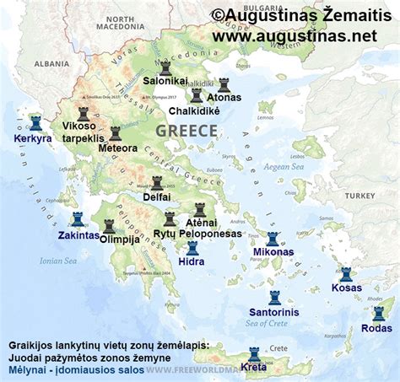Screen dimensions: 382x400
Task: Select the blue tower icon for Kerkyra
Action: coord(35,123)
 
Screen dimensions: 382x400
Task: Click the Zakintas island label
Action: coord(78,235)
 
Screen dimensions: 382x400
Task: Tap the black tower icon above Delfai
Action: coord(157,183)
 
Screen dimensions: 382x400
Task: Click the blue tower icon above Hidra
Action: coord(192,248)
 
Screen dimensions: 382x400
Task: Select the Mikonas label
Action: coord(273,252)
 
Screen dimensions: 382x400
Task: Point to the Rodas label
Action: coord(376,328)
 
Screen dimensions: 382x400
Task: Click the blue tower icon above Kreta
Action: coord(254,354)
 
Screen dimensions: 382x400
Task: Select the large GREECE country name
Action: coord(186,131)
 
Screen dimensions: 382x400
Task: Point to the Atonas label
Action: coord(224,98)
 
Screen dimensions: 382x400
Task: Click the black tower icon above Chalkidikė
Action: coord(197,96)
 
